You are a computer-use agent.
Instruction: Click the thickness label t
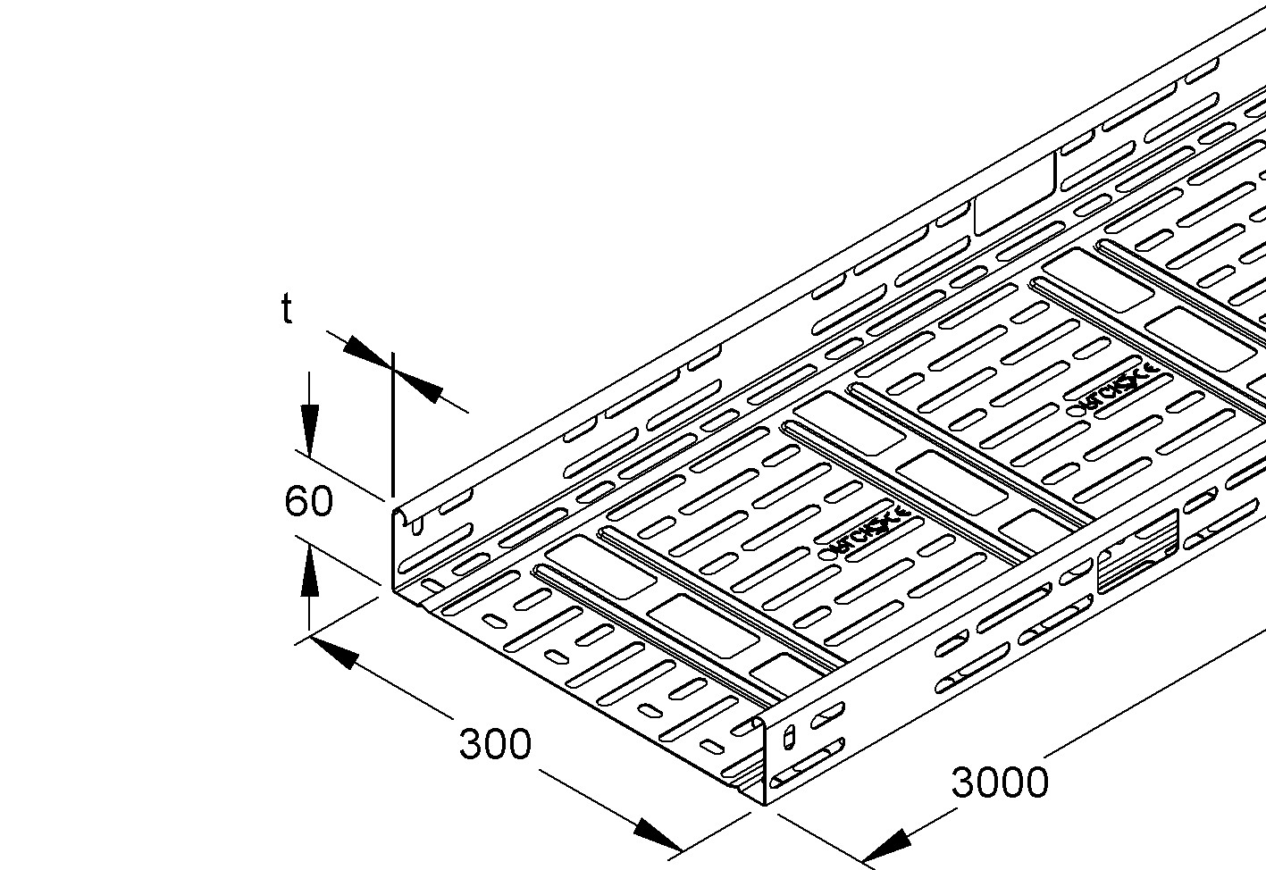click(x=286, y=309)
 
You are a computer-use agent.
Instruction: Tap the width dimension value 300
click(x=495, y=743)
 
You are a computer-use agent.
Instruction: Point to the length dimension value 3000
click(x=999, y=782)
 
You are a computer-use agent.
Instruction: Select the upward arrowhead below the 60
click(x=309, y=573)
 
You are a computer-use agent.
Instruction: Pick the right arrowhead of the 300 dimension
click(x=657, y=836)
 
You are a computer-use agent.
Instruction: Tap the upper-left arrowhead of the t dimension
click(x=366, y=350)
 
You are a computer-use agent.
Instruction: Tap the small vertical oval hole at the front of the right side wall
click(x=788, y=737)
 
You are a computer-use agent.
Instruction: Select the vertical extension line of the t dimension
click(x=391, y=429)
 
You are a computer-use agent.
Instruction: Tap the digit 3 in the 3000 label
click(x=963, y=782)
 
